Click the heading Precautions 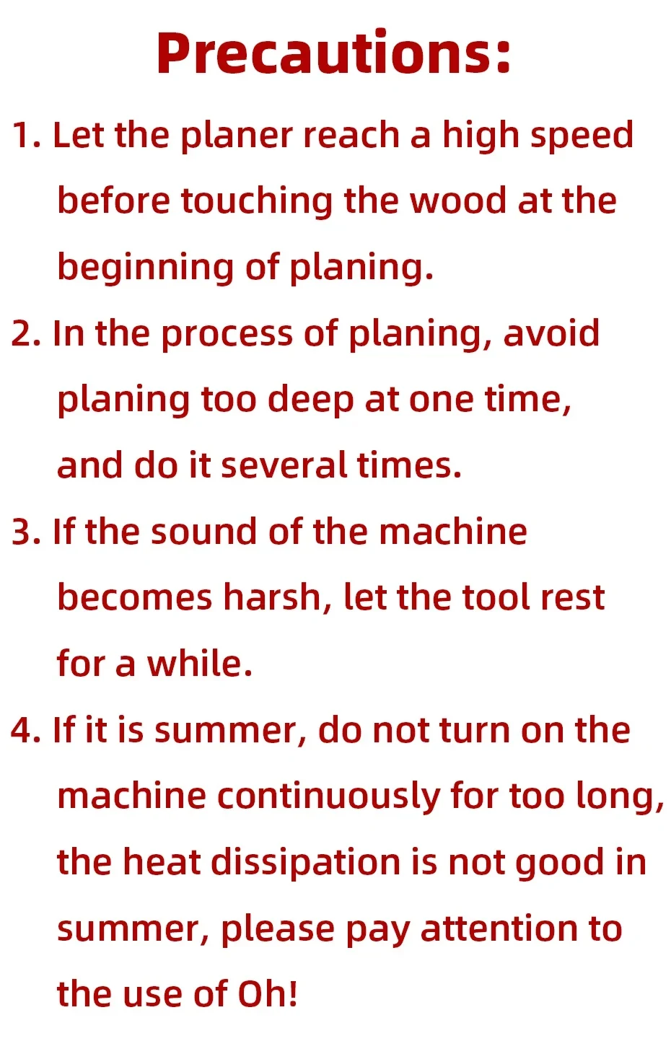333,53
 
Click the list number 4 26,730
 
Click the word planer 237,136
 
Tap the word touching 257,202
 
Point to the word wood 458,201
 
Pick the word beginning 146,268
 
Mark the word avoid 551,333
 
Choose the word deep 311,400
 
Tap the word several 284,465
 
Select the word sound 203,532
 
